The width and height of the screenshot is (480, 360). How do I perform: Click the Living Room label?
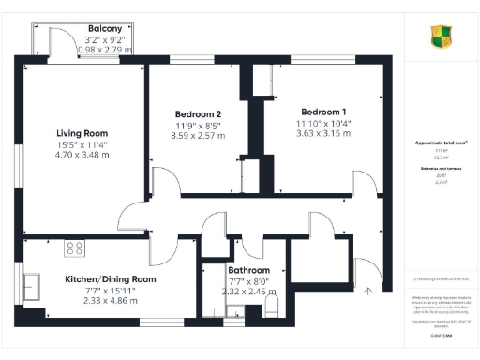pos(82,133)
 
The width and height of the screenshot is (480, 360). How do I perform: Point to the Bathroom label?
pos(248,270)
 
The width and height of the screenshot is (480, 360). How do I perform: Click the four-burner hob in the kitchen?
pos(74,248)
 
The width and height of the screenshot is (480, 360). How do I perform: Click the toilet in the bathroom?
pos(271,306)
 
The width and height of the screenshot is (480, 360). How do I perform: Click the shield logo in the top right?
pos(441,37)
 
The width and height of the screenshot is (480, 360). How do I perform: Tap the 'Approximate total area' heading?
pos(442,142)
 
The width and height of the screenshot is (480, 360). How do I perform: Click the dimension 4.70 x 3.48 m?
pos(82,156)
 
